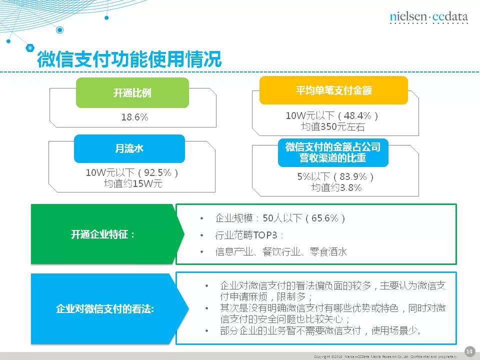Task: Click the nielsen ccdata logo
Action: click(x=428, y=17)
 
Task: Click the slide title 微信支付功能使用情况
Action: click(x=129, y=59)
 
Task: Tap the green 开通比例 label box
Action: click(x=132, y=93)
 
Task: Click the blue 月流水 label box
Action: click(x=129, y=148)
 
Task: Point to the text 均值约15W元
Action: click(x=133, y=183)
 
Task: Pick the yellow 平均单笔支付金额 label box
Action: click(x=333, y=90)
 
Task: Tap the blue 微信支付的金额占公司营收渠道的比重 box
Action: click(x=333, y=152)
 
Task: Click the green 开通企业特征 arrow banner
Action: click(x=104, y=234)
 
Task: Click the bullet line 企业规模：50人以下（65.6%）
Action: click(x=280, y=218)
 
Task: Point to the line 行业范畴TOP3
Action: click(x=249, y=235)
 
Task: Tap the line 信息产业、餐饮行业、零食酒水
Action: click(x=280, y=252)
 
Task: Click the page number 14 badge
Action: click(x=469, y=351)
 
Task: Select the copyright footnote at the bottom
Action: click(x=385, y=356)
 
